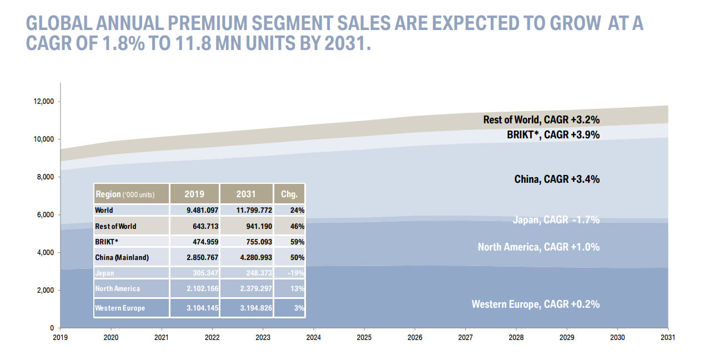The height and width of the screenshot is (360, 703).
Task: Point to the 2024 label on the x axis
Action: (313, 337)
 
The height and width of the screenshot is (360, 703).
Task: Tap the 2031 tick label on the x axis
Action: (667, 337)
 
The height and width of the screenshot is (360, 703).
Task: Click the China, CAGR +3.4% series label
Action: (557, 179)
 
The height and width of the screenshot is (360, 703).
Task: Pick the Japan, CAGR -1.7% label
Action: (556, 220)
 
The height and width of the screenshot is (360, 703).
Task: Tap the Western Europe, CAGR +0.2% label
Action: (535, 304)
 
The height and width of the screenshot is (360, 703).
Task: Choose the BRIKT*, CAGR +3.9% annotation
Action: (553, 134)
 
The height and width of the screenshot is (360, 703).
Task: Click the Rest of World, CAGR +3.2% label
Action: (541, 119)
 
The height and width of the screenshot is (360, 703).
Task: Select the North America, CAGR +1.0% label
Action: (539, 247)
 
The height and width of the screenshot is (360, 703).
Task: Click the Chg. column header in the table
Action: (289, 194)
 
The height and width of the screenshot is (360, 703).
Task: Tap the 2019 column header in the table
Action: (194, 194)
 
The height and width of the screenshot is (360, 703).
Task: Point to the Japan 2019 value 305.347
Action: (203, 273)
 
